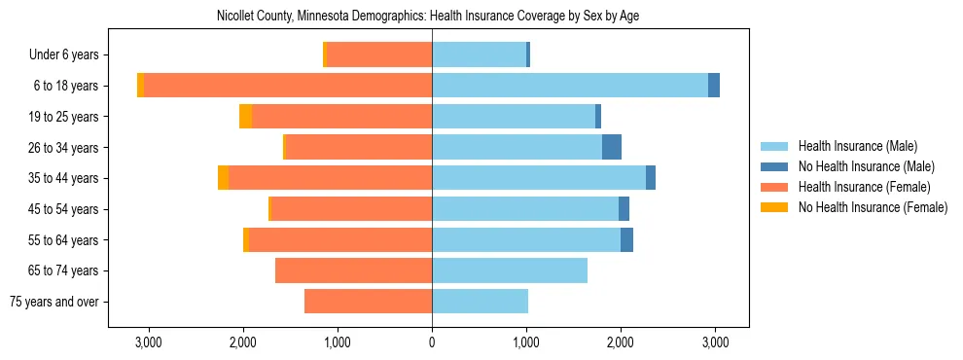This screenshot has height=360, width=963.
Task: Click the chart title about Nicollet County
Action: pos(428,17)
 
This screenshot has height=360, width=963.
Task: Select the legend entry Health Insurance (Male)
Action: pos(851,146)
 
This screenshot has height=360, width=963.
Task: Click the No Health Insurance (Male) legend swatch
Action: pos(774,166)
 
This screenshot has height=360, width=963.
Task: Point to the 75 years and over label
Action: pos(53,302)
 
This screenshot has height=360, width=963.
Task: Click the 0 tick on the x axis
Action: pos(432,343)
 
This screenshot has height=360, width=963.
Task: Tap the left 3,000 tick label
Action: pos(148,343)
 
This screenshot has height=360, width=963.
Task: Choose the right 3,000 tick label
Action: pos(715,343)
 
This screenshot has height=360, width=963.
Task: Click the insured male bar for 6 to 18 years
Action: pos(570,86)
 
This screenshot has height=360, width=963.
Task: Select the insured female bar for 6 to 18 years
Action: pos(288,86)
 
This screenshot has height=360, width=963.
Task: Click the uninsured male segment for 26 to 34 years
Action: pos(612,147)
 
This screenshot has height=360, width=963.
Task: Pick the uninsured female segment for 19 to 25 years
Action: pos(246,117)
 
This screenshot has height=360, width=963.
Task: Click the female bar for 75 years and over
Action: pos(368,302)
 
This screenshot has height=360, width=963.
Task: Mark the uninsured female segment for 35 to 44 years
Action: pos(224,178)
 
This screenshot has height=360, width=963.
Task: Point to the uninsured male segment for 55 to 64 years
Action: pos(627,239)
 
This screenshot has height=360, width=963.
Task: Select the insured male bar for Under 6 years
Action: pos(479,55)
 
